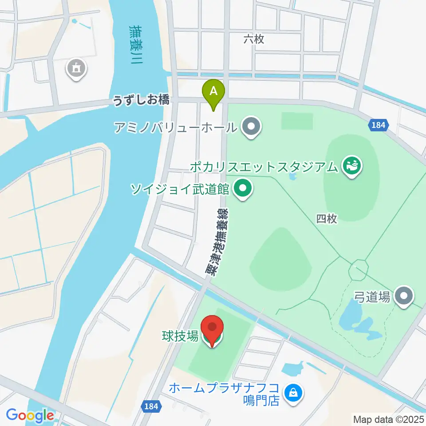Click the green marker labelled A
pos(213,92)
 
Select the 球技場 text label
pos(179,336)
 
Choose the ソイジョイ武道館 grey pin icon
pos(242,190)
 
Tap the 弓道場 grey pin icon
pos(404,296)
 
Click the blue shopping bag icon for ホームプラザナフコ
pos(293,392)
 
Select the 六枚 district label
pos(254,39)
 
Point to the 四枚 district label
pos(327,218)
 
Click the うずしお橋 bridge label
pos(141,100)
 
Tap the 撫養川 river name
pos(133,44)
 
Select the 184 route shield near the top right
pos(378,126)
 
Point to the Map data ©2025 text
pos(388,418)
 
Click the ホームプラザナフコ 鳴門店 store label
pos(224,394)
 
